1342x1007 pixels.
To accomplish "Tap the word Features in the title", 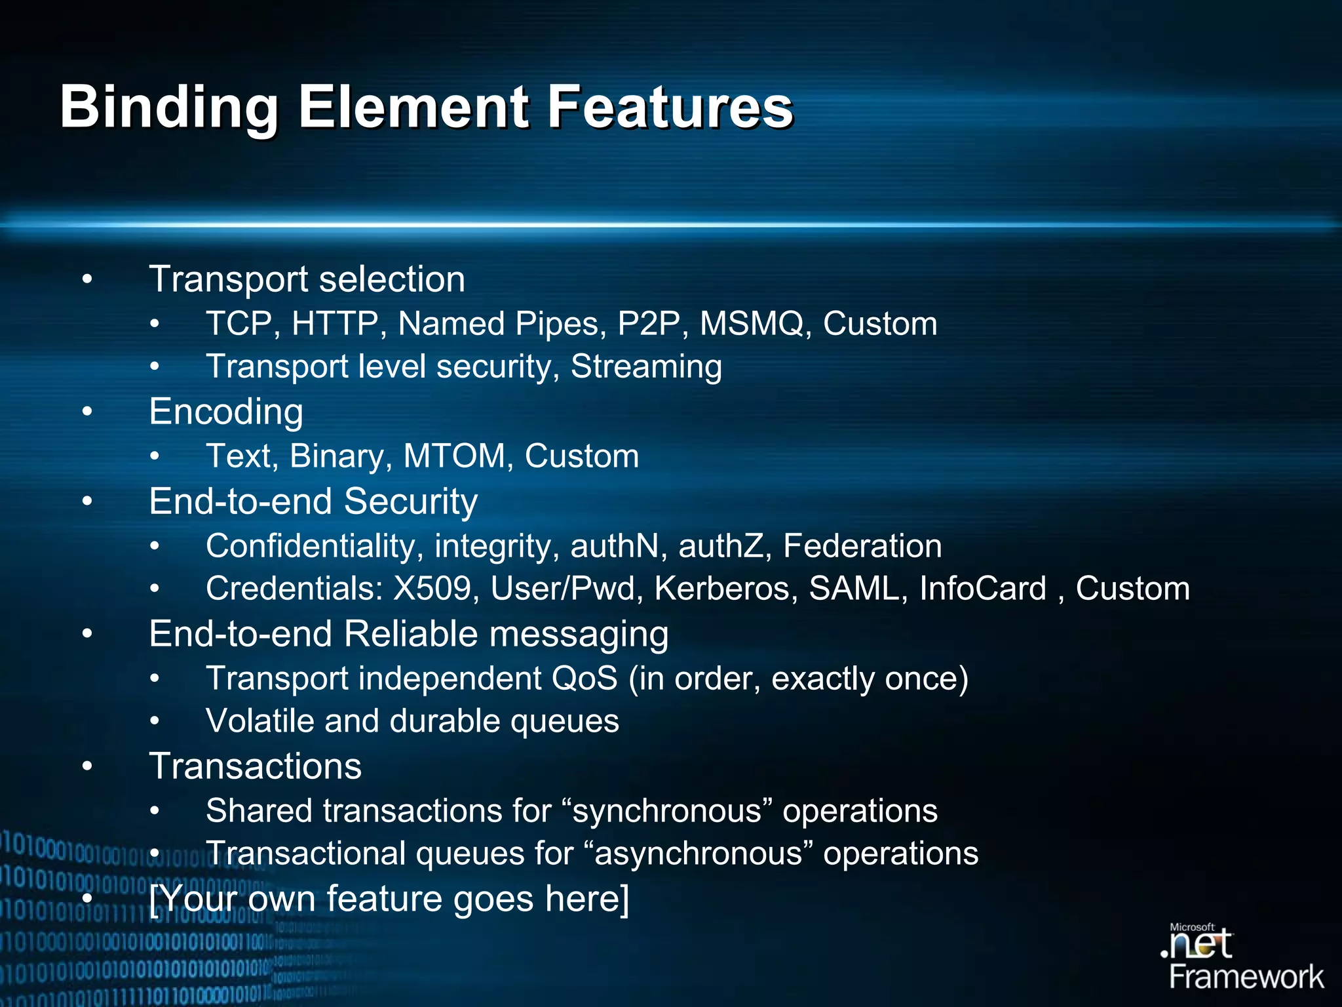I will [x=670, y=108].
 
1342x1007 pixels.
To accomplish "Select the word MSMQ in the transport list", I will [x=752, y=324].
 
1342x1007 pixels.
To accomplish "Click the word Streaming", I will [x=646, y=366].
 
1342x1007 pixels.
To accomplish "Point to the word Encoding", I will [x=226, y=412].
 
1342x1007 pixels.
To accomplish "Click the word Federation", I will [x=862, y=546].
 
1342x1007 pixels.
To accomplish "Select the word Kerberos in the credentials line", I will [x=726, y=589].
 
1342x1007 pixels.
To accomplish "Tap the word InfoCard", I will [x=982, y=589].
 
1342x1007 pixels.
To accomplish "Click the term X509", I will [x=432, y=589].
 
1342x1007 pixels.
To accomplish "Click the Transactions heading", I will [x=255, y=766].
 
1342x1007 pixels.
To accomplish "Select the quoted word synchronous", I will [x=668, y=811].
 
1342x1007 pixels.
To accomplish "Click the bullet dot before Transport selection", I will [x=87, y=280].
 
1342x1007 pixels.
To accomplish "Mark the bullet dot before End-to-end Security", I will [x=87, y=502].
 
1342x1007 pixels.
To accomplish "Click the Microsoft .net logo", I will [x=1198, y=942].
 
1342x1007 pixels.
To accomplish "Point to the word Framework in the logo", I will [x=1246, y=977].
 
